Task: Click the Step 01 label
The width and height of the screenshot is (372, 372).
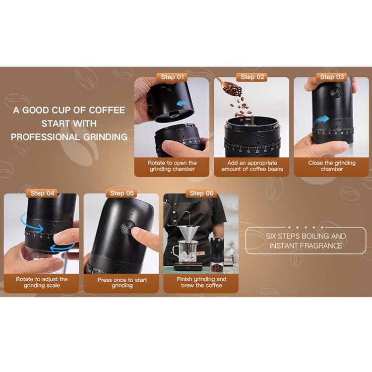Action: (172, 77)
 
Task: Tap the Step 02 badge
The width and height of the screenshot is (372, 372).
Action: (252, 77)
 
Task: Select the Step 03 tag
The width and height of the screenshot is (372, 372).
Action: (332, 77)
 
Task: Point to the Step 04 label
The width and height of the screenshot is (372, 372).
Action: (42, 193)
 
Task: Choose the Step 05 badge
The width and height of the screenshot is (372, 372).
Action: (122, 193)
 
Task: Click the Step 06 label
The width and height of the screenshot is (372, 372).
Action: (201, 193)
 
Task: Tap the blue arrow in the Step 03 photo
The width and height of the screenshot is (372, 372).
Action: (321, 121)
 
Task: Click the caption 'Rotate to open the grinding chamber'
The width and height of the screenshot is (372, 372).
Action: (172, 166)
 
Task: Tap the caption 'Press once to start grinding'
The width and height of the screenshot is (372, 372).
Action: (122, 282)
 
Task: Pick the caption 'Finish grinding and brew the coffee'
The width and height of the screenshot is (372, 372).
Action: (201, 282)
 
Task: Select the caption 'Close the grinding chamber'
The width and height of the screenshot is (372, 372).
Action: (332, 166)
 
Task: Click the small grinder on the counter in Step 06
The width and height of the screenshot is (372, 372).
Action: (217, 254)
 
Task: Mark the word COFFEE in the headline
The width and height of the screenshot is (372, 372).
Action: (107, 110)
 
